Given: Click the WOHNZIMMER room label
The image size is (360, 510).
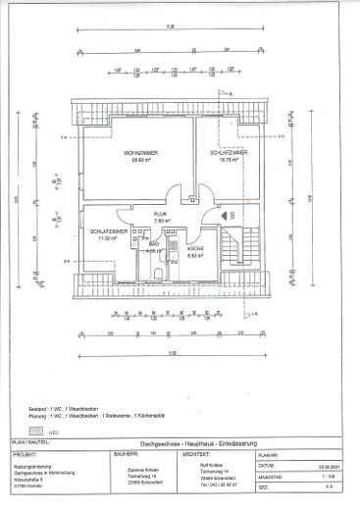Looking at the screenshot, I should tap(142, 154).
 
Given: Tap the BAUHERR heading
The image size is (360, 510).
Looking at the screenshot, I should tap(129, 455).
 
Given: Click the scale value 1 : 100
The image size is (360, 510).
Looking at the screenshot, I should tap(331, 477).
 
